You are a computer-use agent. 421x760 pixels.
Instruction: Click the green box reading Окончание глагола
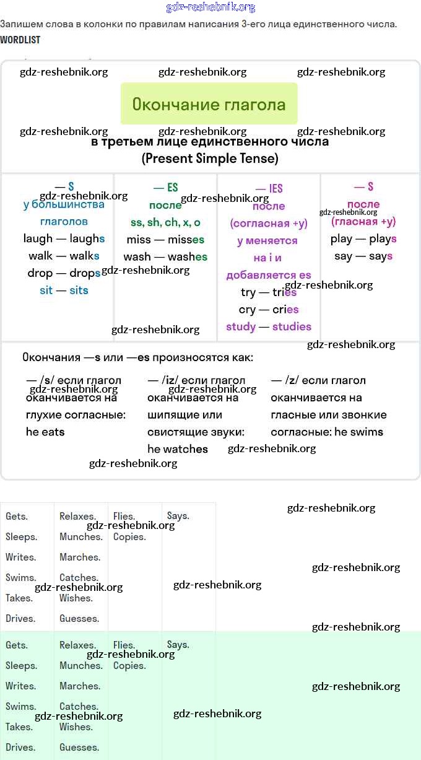209,103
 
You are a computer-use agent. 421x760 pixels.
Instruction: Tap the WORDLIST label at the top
20,40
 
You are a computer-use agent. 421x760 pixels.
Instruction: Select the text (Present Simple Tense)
210,159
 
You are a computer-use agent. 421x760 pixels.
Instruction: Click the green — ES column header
165,188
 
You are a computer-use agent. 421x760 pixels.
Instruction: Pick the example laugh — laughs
64,238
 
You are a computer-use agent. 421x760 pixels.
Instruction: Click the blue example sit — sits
64,290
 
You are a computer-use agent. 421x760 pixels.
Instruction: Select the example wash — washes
165,256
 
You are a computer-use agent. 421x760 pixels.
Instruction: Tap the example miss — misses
165,240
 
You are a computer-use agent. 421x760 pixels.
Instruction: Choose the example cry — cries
269,309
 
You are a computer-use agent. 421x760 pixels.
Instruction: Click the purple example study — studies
269,326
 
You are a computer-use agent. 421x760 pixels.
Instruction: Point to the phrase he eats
45,432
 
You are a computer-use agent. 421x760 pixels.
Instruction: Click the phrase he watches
178,449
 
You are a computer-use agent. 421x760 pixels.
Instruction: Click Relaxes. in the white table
77,516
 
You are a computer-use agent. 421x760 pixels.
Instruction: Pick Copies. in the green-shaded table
129,666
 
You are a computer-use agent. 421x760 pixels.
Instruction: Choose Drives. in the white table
20,618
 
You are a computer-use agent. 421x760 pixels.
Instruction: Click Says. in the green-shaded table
178,645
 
